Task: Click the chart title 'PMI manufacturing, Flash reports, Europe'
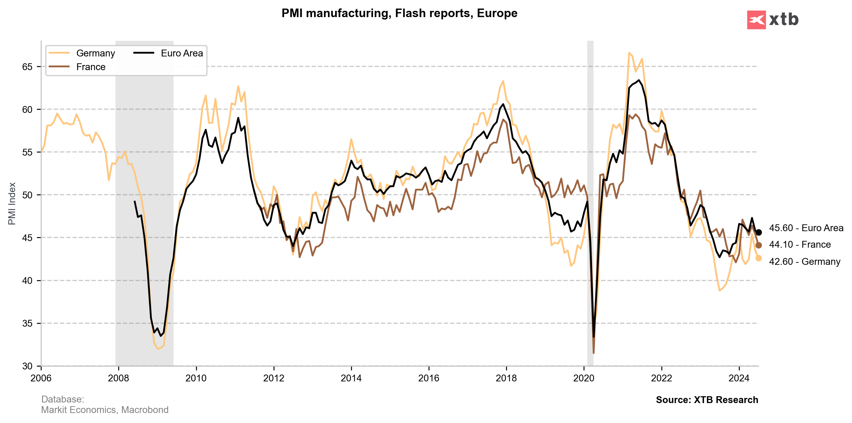(399, 13)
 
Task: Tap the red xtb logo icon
(756, 20)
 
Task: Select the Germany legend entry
(95, 53)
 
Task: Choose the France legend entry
(91, 67)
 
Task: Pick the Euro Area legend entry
(182, 53)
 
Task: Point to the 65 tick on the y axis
(27, 67)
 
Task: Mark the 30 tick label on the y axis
(27, 366)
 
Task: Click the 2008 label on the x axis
(119, 378)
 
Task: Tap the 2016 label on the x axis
(429, 378)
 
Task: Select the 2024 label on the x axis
(739, 378)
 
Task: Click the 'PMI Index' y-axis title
(12, 204)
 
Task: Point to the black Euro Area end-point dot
(759, 233)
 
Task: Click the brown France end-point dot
(759, 245)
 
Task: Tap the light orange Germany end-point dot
(759, 258)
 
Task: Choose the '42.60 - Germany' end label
(804, 262)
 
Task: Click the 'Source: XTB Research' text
(707, 400)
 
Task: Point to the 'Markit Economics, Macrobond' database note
(105, 410)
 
